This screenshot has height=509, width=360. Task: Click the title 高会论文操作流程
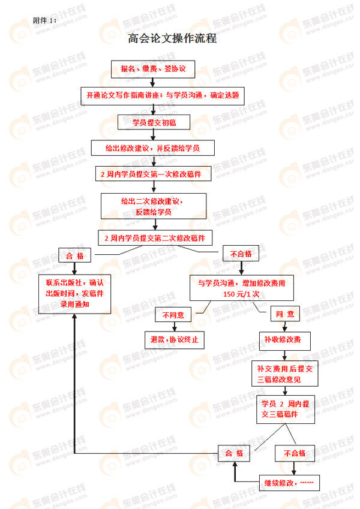coord(172,39)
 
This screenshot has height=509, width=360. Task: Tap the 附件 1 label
coord(46,20)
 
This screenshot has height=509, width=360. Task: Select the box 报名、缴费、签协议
coord(154,70)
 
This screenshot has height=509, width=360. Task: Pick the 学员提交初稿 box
coord(154,122)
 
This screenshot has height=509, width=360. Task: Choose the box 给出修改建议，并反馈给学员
coord(152,147)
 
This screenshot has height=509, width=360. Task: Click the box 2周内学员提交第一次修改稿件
coord(156,174)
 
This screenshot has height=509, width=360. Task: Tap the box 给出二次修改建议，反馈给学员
coord(154,206)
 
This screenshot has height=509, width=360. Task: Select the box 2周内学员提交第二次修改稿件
coord(155,238)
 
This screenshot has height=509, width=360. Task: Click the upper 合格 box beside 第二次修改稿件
coord(75,255)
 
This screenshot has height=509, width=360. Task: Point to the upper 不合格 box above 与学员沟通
coord(241,254)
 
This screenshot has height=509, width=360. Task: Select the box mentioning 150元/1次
coord(242,288)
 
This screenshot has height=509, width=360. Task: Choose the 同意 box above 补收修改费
coord(285,314)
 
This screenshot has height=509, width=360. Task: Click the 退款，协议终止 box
coord(174,340)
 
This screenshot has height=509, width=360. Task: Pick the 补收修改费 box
coord(284,340)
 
